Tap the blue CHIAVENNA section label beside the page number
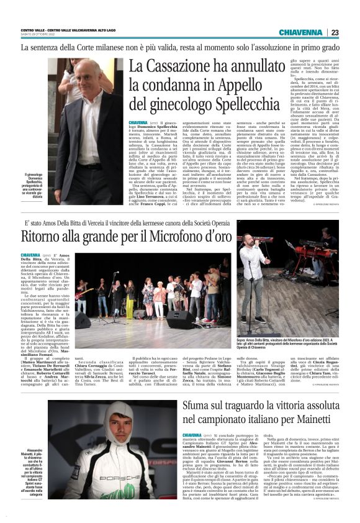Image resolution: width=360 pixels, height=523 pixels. point(300,32)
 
